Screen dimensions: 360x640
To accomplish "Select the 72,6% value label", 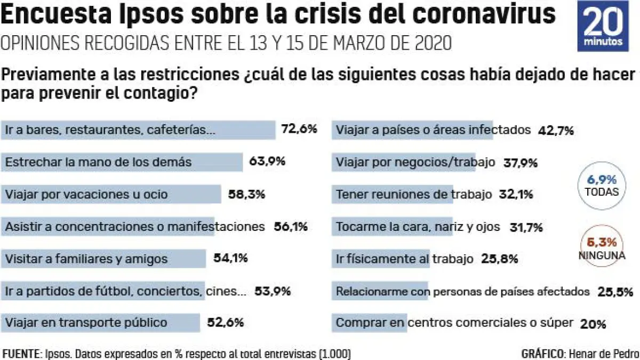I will (x=299, y=129).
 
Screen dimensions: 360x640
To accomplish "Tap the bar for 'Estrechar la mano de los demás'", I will (x=123, y=162).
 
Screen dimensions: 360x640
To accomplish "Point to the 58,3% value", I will (x=247, y=194).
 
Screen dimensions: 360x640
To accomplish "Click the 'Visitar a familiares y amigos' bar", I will (x=105, y=259).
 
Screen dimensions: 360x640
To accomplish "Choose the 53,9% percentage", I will (x=273, y=291).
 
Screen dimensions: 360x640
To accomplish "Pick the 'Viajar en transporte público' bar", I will (x=101, y=323).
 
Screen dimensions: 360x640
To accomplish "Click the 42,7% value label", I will (x=556, y=130).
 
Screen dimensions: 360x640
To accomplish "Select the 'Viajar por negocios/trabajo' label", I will (x=415, y=162).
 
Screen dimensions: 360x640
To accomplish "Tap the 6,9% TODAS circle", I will (x=601, y=185).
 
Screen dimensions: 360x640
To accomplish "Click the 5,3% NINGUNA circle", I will (x=601, y=247).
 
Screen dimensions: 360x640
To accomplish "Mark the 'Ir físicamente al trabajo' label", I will (x=404, y=259).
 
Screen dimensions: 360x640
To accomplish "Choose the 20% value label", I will (x=593, y=324).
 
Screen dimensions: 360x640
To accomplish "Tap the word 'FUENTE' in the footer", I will (x=20, y=354).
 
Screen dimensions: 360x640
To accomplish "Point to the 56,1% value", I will (x=290, y=227).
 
